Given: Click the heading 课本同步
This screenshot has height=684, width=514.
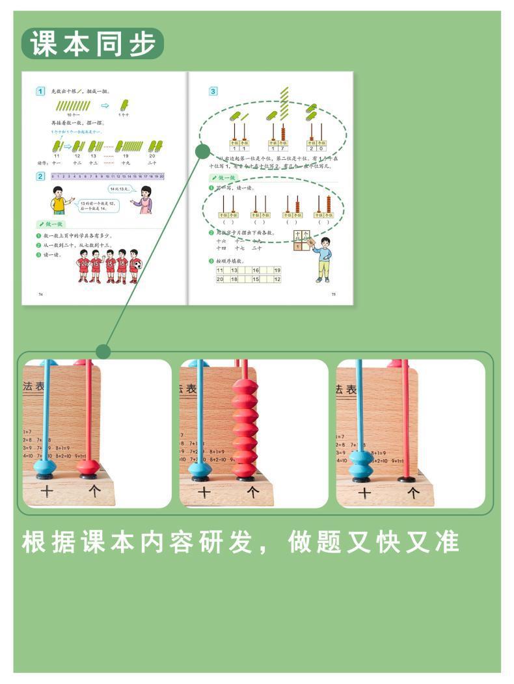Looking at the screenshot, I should pyautogui.click(x=93, y=44).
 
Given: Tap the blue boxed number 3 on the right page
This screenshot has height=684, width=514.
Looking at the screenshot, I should pyautogui.click(x=213, y=91).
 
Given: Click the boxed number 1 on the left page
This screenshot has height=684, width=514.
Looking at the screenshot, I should pyautogui.click(x=40, y=91).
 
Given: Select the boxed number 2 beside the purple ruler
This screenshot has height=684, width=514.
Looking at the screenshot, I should pyautogui.click(x=40, y=176).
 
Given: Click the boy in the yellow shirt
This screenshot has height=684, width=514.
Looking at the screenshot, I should pyautogui.click(x=60, y=200).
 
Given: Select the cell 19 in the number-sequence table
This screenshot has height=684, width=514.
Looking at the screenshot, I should pyautogui.click(x=277, y=270).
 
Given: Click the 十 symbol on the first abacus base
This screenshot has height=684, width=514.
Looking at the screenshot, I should pyautogui.click(x=46, y=492).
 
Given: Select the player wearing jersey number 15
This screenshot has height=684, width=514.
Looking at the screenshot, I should pyautogui.click(x=96, y=265).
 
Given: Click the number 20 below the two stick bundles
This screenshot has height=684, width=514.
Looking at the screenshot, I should pyautogui.click(x=152, y=156).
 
